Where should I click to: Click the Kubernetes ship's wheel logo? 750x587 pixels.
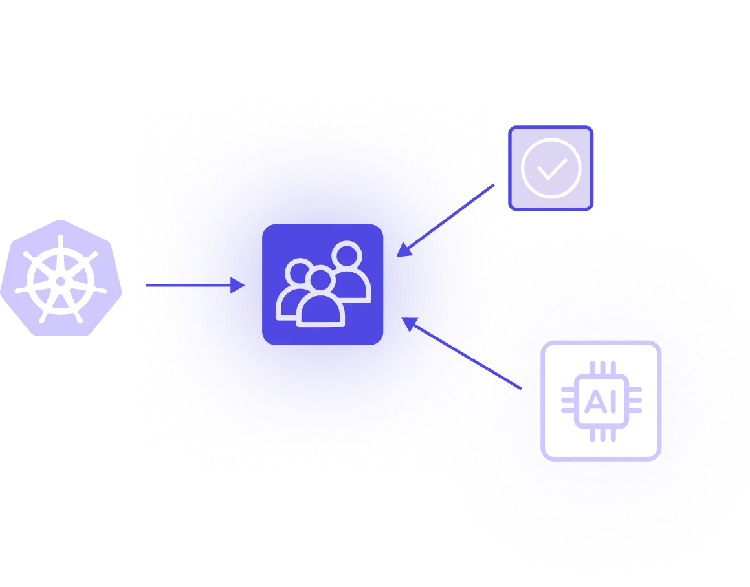(x=61, y=277)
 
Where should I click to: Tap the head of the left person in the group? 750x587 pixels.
(x=299, y=272)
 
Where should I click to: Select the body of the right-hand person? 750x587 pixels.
(x=356, y=288)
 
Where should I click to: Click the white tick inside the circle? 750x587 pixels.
(x=551, y=169)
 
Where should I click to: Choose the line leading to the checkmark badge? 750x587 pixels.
(x=483, y=191)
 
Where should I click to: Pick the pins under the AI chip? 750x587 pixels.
(x=600, y=434)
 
